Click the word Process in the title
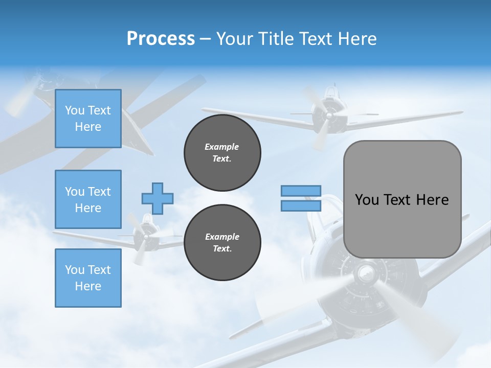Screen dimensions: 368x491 pos(161,39)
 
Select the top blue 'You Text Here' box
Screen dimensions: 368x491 pos(88,119)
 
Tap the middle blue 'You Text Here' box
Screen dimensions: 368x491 pos(88,199)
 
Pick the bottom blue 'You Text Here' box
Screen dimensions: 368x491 pos(88,278)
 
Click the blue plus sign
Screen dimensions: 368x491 pos(158,198)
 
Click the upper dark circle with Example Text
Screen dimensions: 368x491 pos(222,153)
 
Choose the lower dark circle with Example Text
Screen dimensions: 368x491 pos(222,243)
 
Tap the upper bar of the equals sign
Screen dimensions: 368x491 pos(301,191)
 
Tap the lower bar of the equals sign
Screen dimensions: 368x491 pos(301,205)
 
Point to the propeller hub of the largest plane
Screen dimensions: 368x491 pos(366,274)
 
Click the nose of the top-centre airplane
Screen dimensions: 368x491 pos(327,116)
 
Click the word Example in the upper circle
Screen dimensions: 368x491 pos(222,147)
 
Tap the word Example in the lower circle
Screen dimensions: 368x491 pos(222,237)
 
